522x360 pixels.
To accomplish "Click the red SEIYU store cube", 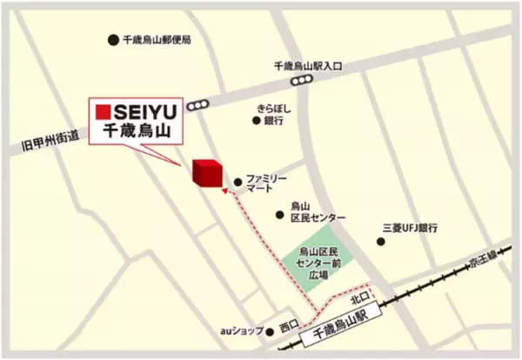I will click(x=206, y=172).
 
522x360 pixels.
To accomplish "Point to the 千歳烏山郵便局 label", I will click(x=157, y=40).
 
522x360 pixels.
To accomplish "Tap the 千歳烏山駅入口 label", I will click(x=308, y=65).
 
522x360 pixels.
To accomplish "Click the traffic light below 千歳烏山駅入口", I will click(x=301, y=80).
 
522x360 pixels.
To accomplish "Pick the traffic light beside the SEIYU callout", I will click(x=197, y=105).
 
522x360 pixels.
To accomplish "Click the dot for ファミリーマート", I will click(x=238, y=183).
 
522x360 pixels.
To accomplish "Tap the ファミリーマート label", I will click(x=265, y=183).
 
